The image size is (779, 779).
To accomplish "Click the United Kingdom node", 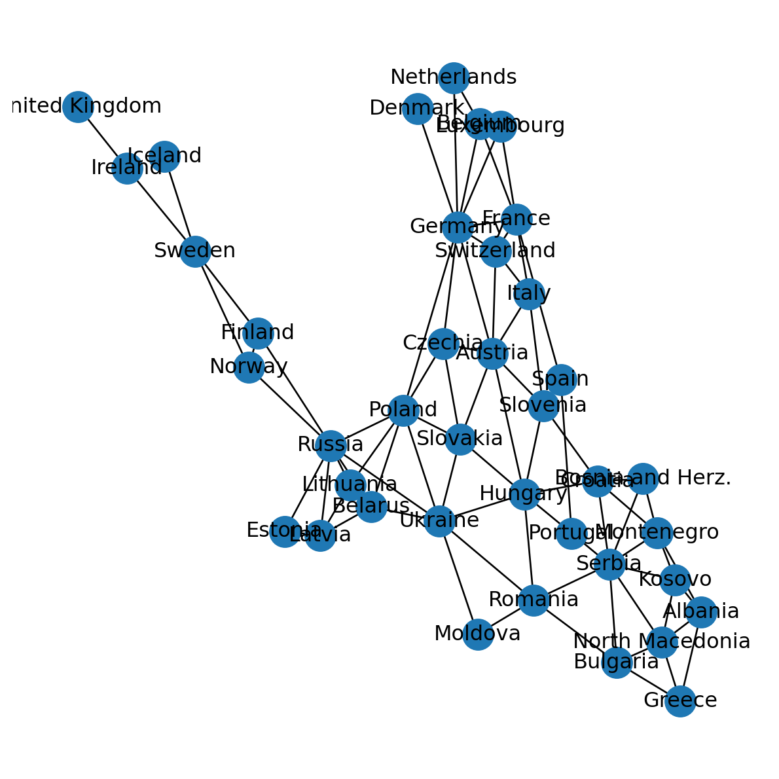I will (x=78, y=107).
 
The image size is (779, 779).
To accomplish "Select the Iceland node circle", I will (x=164, y=156).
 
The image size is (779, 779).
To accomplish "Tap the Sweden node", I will (x=195, y=251).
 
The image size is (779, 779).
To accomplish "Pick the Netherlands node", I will (x=454, y=78).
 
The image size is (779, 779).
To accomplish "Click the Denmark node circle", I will (x=418, y=109).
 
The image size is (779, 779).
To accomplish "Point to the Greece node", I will (x=680, y=701).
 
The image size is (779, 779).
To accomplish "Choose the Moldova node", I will (x=478, y=634).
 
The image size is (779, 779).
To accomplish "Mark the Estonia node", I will (x=285, y=531).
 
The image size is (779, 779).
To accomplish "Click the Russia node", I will (x=331, y=445).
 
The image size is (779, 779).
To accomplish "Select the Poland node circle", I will (x=403, y=410).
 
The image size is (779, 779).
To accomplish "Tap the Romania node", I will (x=534, y=600).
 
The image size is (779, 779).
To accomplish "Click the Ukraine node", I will (x=439, y=521).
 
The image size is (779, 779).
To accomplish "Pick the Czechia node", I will (x=443, y=344).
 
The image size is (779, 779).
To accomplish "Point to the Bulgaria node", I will (x=617, y=662).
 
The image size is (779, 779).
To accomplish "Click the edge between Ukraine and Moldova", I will (x=458, y=577).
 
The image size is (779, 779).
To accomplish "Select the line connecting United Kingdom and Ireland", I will (x=102, y=137).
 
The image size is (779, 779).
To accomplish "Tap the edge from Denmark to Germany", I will (x=437, y=168).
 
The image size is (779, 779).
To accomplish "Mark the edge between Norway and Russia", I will (x=289, y=406).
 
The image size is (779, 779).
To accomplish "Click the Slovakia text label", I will (x=460, y=439).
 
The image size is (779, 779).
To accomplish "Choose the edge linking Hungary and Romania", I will (x=529, y=547).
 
